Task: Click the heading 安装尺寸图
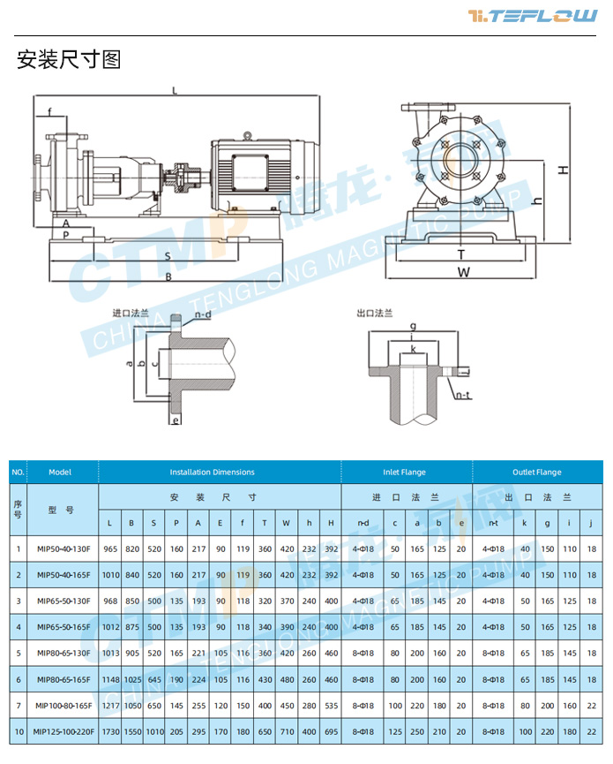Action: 68,60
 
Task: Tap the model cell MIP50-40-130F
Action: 61,548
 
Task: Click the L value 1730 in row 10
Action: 109,732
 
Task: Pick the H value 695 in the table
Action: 330,732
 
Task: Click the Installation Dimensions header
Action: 212,473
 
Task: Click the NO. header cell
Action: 18,473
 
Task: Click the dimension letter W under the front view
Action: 463,272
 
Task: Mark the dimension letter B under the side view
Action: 168,276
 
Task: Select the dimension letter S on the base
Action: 168,255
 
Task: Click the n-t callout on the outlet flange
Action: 462,397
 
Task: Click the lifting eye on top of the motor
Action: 248,135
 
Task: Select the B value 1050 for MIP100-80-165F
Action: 131,706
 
